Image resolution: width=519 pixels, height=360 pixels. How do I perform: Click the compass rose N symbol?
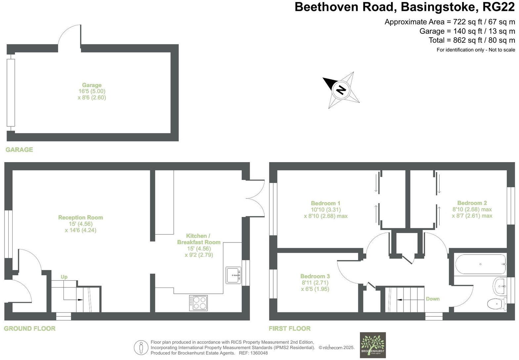coord(341,90)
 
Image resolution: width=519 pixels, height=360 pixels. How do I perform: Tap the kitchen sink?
coord(234,275)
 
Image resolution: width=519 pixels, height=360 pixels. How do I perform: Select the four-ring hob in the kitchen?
coord(198,303)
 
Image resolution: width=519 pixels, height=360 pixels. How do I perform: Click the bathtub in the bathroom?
coord(481,264)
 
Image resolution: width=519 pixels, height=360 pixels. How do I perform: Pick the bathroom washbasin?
coord(500,286)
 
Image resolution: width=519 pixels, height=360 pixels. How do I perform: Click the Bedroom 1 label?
coord(325,203)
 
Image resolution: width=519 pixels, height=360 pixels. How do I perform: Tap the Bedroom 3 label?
coord(315,276)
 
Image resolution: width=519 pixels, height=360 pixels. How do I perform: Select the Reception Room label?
coord(80,217)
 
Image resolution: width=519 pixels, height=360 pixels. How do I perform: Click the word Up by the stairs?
coord(64,277)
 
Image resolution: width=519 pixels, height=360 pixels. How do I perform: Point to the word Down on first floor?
coord(433,299)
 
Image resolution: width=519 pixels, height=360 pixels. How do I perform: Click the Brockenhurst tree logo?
coord(373,345)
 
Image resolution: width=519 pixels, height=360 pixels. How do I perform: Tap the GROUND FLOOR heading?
coord(29,329)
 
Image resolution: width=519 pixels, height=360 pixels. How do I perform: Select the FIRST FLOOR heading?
coord(289,329)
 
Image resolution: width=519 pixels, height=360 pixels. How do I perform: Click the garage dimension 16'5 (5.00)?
coord(92,91)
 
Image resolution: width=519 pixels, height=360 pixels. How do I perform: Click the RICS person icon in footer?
coord(141,348)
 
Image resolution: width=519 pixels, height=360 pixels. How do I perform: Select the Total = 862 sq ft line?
coord(472,40)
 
